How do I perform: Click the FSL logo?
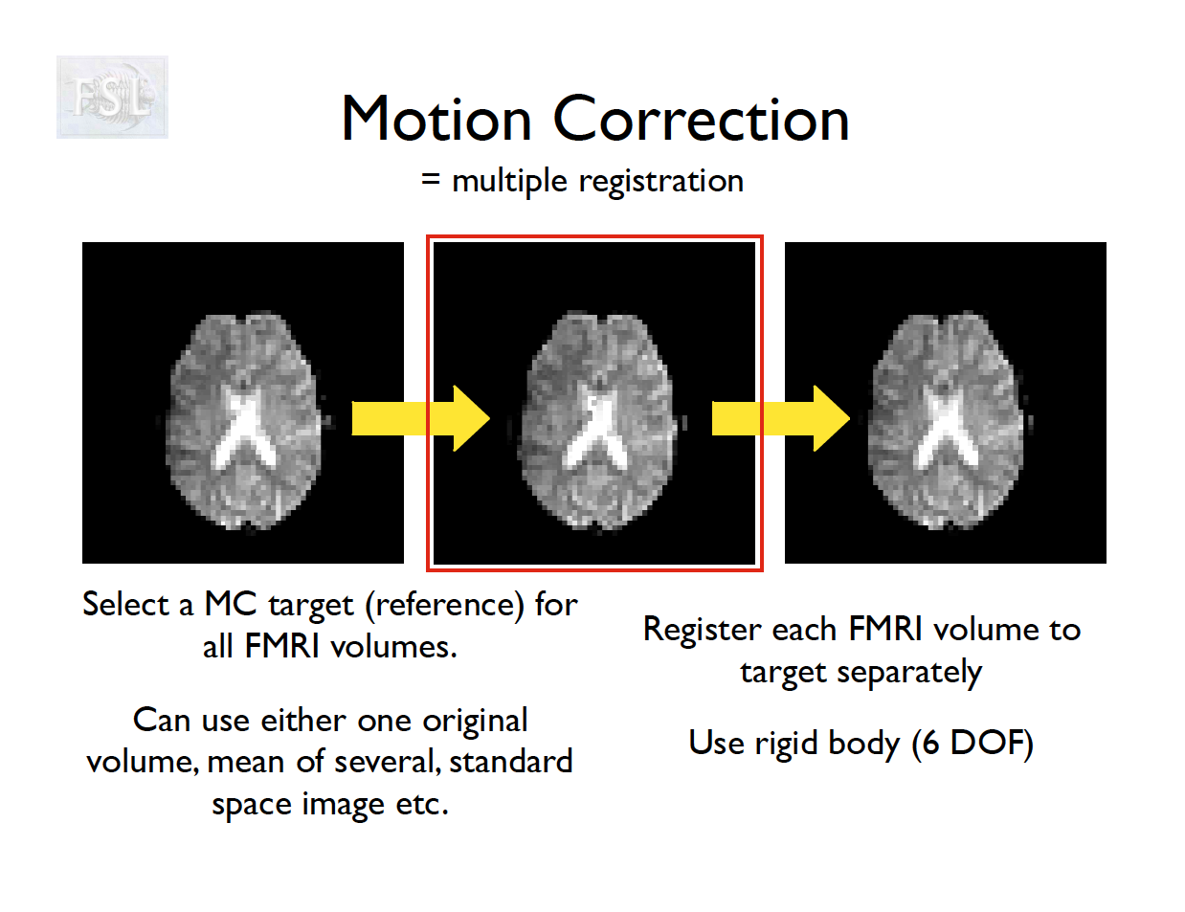112,97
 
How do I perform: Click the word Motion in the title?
436,119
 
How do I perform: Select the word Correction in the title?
702,119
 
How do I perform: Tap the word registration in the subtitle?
660,182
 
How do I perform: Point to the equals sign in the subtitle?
431,179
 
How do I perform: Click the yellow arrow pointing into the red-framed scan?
421,418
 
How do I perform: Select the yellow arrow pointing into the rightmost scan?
781,418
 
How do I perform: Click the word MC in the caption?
230,604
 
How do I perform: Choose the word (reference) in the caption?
444,606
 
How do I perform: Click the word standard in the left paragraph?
511,761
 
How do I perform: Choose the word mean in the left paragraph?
246,763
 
